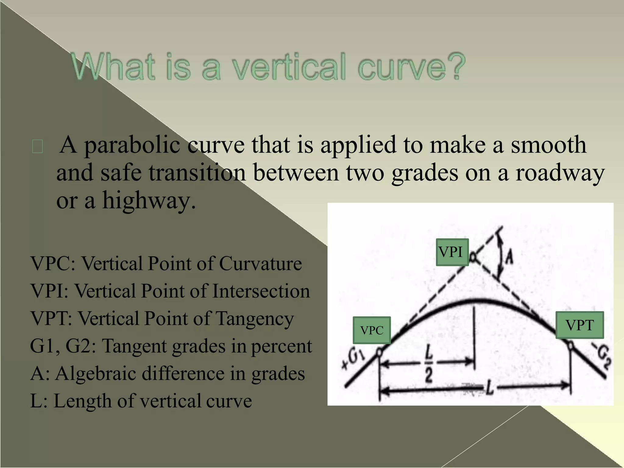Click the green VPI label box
[452, 252]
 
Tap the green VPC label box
[372, 330]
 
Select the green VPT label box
[580, 325]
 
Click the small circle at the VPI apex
[473, 257]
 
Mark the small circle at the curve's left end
[379, 353]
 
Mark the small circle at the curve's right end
[570, 346]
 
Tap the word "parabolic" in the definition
[132, 145]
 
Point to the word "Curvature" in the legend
[260, 264]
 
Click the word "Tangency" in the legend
[255, 319]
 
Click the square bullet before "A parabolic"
[37, 147]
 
